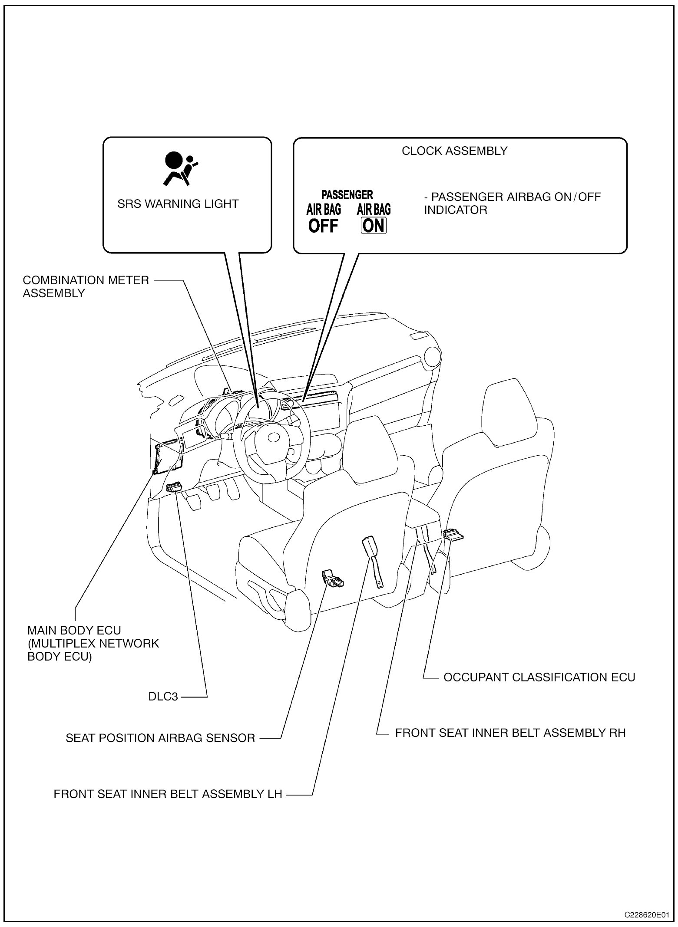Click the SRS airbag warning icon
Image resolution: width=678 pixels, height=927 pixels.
click(x=179, y=169)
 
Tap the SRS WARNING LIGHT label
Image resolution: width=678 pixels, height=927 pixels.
click(x=178, y=204)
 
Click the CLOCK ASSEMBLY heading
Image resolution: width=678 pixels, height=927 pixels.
click(x=454, y=151)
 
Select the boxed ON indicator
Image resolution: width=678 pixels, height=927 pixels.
click(x=374, y=226)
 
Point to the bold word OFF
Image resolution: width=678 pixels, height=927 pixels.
click(x=323, y=226)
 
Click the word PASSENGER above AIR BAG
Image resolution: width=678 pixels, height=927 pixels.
click(x=347, y=195)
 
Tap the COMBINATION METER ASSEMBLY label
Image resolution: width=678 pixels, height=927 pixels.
click(x=86, y=286)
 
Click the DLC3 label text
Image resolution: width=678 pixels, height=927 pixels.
click(x=163, y=697)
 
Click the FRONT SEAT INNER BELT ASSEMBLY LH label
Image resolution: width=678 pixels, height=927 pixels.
click(x=168, y=794)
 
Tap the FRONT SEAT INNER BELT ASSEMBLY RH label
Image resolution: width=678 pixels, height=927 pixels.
click(x=510, y=733)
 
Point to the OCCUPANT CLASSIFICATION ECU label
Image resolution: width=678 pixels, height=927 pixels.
click(x=539, y=677)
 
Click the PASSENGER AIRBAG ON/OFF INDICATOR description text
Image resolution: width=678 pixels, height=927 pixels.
click(x=513, y=203)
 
